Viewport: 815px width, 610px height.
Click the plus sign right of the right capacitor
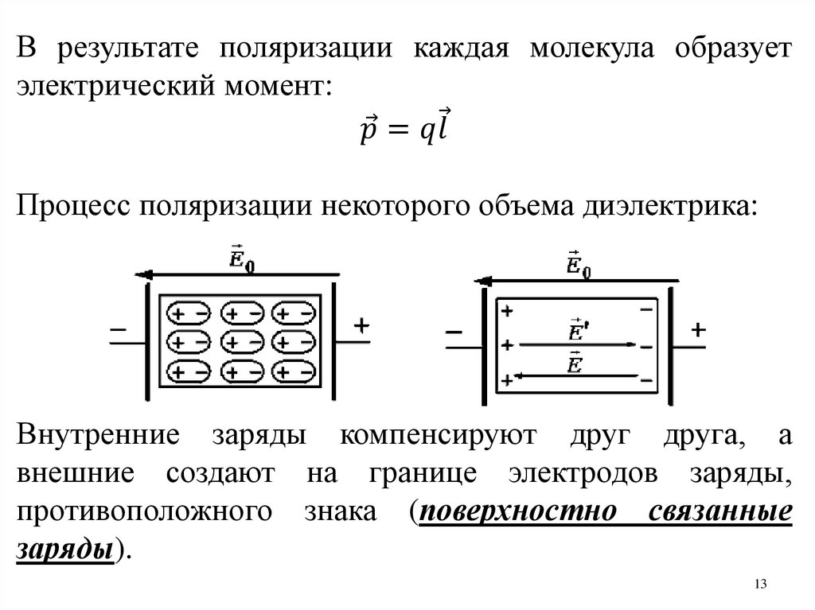pos(699,331)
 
